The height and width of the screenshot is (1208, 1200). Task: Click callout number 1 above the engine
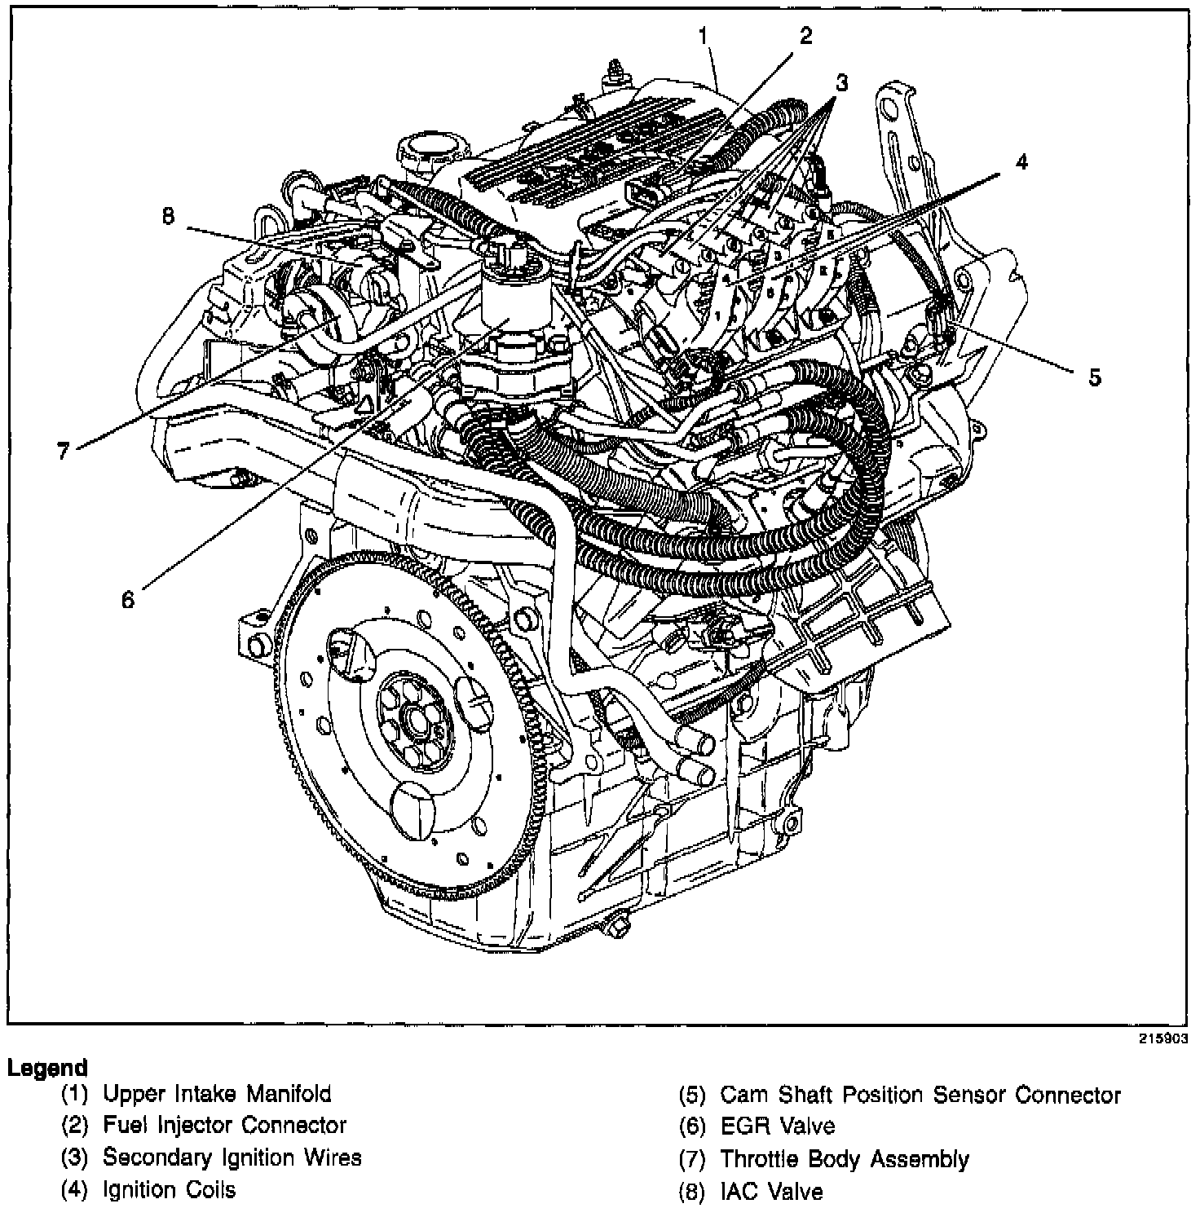click(703, 36)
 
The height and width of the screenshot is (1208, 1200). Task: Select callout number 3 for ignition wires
click(841, 82)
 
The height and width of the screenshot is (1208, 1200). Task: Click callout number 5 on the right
click(1093, 377)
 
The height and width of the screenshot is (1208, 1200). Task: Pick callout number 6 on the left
click(127, 600)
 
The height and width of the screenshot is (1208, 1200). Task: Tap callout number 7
click(64, 451)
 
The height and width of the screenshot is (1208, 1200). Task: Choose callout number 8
click(168, 218)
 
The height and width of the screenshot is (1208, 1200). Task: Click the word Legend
click(46, 1068)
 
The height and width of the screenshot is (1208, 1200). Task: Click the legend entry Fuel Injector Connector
click(224, 1126)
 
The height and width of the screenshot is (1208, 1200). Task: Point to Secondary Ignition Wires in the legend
click(232, 1157)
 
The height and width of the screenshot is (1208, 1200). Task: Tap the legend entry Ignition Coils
click(169, 1190)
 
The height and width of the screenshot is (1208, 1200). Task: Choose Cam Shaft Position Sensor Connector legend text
click(920, 1095)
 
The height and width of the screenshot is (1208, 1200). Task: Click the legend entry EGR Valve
click(777, 1126)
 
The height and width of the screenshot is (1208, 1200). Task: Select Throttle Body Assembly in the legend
click(844, 1159)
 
